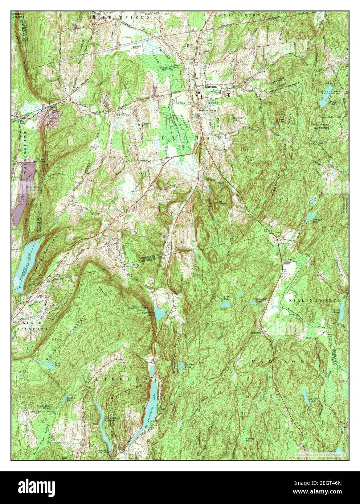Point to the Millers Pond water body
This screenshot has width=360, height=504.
point(323,104)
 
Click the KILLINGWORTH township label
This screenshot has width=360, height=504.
point(315,301)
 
